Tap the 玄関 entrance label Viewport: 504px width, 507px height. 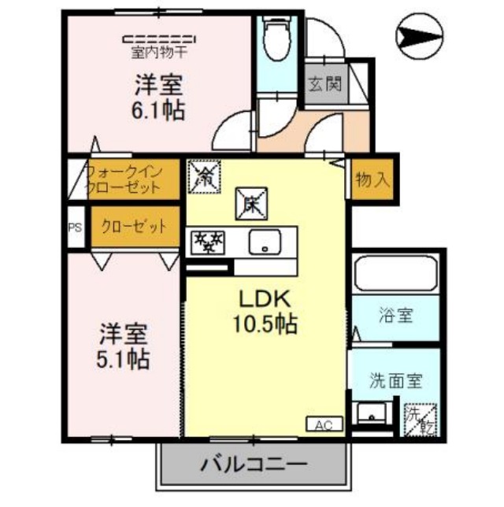tap(324, 83)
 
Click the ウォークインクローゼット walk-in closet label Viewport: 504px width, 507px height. tap(123, 179)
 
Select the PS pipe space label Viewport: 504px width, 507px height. tap(76, 228)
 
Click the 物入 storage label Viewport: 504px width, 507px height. tap(372, 179)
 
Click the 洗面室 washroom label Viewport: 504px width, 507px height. tap(396, 381)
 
